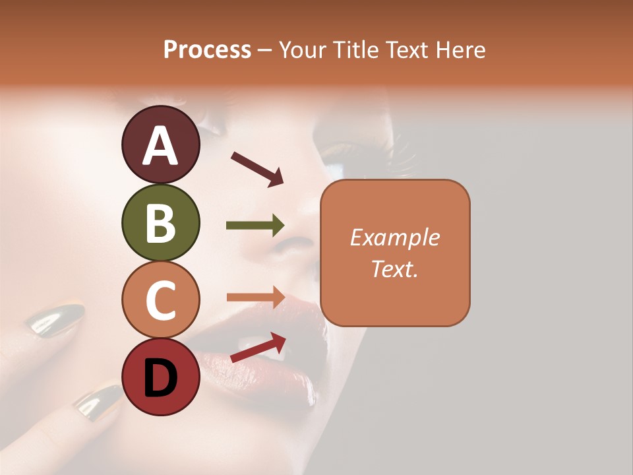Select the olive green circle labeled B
point(161,222)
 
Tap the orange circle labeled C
point(161,300)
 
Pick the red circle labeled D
point(161,377)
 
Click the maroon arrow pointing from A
point(257,169)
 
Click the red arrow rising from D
point(258,348)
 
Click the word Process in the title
point(207,49)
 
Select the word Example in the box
point(394,237)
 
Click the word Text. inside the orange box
point(394,269)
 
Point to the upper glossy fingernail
point(55,320)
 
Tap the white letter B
point(161,222)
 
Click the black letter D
point(161,378)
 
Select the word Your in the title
point(303,49)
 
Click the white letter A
point(161,145)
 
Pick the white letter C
point(161,300)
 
